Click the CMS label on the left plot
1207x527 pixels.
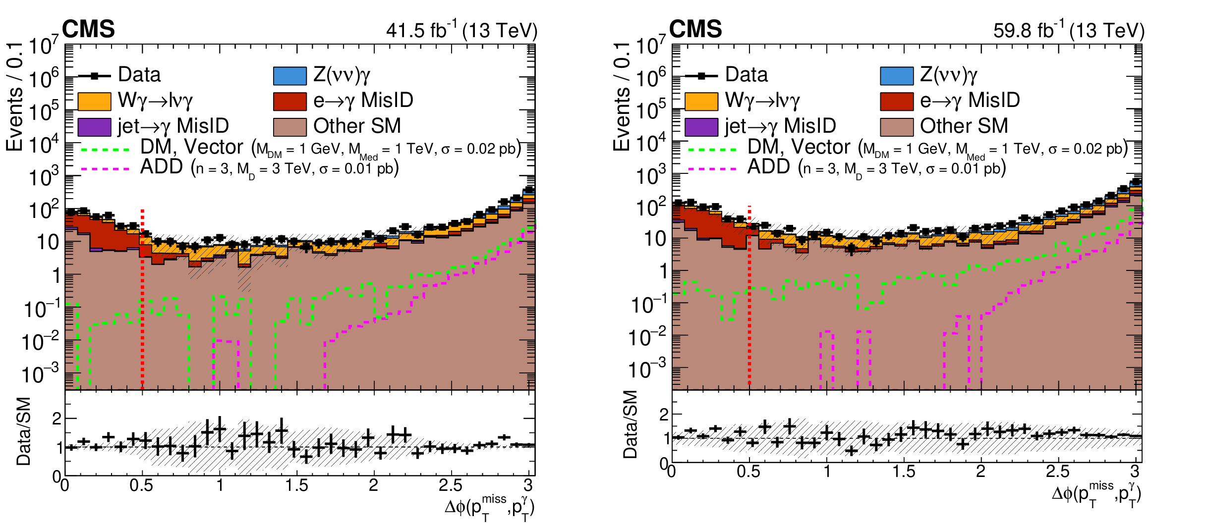(88, 29)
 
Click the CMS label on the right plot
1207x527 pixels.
(695, 29)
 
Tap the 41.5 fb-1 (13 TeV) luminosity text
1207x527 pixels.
(461, 31)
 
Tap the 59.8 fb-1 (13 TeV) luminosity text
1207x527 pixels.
(1069, 31)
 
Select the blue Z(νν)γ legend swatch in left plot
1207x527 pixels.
(290, 76)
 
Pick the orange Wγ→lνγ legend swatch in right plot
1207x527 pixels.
(701, 102)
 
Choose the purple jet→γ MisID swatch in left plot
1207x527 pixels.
(94, 127)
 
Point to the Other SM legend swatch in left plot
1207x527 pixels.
(290, 127)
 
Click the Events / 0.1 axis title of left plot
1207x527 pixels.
(15, 97)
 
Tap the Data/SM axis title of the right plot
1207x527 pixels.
(630, 424)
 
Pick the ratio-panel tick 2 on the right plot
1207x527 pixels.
(664, 415)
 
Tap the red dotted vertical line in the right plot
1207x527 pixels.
(749, 297)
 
